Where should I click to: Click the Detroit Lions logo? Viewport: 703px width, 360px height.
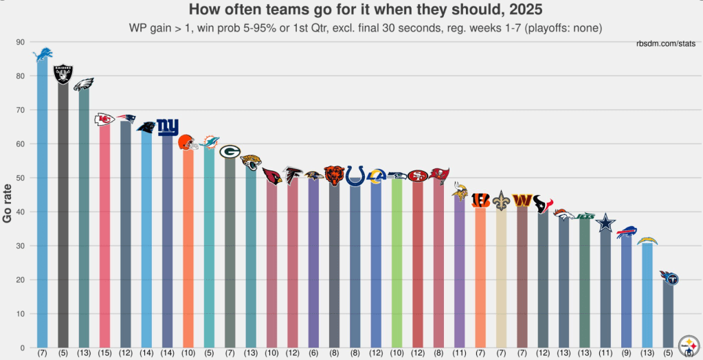pos(43,54)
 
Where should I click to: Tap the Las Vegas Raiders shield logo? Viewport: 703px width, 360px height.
pos(63,74)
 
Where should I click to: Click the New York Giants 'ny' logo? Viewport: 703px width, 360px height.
pos(167,127)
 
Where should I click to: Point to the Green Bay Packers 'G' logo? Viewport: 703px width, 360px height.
pos(230,152)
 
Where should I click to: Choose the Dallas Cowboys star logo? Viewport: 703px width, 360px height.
pos(605,223)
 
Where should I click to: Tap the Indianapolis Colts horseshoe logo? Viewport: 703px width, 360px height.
pos(355,175)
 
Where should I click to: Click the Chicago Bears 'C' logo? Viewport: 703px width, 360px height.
pos(334,175)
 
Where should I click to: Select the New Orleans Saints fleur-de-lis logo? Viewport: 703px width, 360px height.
pos(501,201)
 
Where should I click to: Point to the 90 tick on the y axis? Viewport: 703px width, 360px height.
pos(20,42)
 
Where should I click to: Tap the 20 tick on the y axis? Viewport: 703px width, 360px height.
pos(20,280)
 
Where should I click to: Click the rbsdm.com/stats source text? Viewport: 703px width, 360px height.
pos(666,44)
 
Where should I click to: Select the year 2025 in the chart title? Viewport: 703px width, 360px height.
pos(523,10)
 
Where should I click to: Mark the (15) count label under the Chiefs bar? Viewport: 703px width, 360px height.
pos(104,353)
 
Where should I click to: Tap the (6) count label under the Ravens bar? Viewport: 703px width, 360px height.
pos(313,353)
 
